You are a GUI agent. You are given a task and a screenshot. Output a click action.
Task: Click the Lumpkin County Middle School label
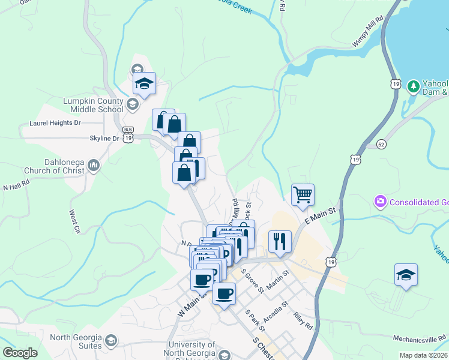92,105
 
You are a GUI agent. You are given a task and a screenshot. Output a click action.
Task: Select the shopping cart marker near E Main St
303,194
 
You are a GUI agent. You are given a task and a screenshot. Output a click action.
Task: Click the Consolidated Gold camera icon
379,202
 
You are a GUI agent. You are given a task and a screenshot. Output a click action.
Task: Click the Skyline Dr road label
103,139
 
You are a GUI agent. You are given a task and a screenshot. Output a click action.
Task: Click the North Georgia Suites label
76,341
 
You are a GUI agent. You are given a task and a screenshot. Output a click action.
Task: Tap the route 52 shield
381,145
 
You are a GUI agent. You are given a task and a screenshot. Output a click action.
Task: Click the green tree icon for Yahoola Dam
413,86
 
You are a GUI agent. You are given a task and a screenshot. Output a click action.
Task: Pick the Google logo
20,353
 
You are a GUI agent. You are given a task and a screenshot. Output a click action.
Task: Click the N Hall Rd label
16,187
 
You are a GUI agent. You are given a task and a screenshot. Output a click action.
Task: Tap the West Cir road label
75,221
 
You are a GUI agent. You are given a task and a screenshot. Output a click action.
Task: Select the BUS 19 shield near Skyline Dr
128,134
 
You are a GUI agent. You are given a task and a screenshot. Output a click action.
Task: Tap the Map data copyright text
423,355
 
